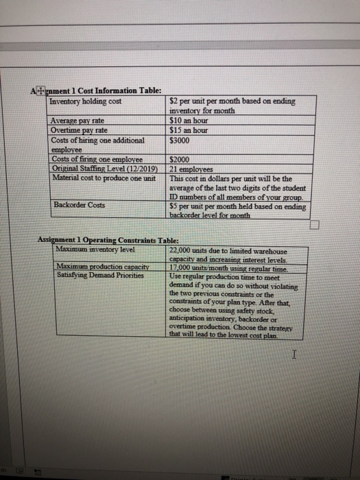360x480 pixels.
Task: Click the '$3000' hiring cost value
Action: (180, 136)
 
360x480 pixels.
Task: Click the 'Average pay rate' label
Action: (77, 121)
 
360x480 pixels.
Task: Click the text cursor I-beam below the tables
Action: (293, 356)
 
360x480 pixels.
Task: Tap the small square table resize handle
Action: (315, 224)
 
